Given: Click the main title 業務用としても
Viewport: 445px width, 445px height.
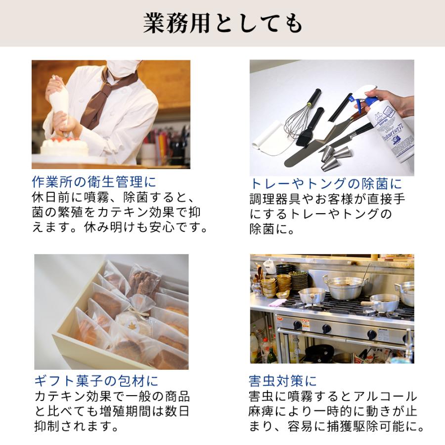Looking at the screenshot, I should tap(222, 23).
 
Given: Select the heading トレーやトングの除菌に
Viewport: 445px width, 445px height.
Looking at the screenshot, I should tap(326, 183).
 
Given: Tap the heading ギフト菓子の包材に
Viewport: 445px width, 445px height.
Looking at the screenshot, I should tap(96, 381).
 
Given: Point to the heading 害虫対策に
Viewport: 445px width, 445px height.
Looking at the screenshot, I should tap(283, 381).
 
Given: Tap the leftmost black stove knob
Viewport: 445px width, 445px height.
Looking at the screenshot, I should tap(298, 325).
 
